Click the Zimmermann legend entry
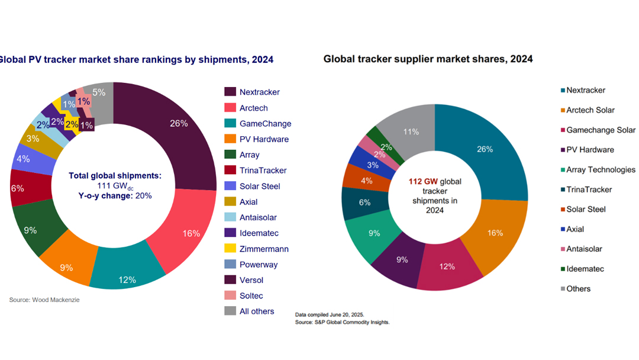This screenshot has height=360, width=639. point(264,249)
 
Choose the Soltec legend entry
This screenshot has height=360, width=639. point(251,295)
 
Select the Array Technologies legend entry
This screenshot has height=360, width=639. point(601,169)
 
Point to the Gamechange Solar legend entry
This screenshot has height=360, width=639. point(601,130)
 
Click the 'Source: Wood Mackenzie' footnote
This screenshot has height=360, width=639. point(44,300)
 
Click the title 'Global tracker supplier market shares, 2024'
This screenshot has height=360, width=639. point(428,59)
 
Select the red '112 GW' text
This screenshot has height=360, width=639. point(422,182)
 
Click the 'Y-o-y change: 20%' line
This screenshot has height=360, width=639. point(115,196)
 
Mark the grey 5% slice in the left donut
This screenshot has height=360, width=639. point(99,93)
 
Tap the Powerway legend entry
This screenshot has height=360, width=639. point(259,265)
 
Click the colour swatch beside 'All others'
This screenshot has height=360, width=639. point(230,311)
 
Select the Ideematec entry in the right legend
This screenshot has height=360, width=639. point(585,269)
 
